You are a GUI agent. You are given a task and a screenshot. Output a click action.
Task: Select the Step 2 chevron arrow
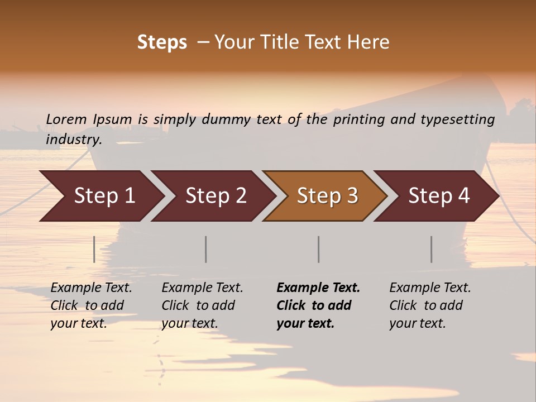pyautogui.click(x=216, y=196)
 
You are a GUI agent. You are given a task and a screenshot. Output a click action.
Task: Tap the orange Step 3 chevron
pyautogui.click(x=327, y=196)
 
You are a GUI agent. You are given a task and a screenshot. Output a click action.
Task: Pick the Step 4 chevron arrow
pyautogui.click(x=439, y=196)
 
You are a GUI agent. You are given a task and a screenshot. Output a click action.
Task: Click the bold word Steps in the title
pyautogui.click(x=162, y=42)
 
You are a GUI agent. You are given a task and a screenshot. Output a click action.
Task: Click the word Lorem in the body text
pyautogui.click(x=66, y=119)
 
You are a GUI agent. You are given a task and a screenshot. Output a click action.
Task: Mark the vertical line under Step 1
pyautogui.click(x=94, y=249)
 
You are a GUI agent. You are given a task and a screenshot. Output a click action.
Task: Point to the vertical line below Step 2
pyautogui.click(x=206, y=249)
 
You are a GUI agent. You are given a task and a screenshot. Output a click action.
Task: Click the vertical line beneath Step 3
pyautogui.click(x=318, y=249)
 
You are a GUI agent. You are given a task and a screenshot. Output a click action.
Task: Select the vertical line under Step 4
pyautogui.click(x=431, y=249)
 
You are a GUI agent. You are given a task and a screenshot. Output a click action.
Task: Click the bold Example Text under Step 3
pyautogui.click(x=318, y=288)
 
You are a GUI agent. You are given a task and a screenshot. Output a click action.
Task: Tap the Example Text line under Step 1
pyautogui.click(x=91, y=288)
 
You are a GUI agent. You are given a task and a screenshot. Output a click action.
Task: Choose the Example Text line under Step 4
pyautogui.click(x=430, y=288)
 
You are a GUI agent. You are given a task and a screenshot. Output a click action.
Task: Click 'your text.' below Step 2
pyautogui.click(x=190, y=324)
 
